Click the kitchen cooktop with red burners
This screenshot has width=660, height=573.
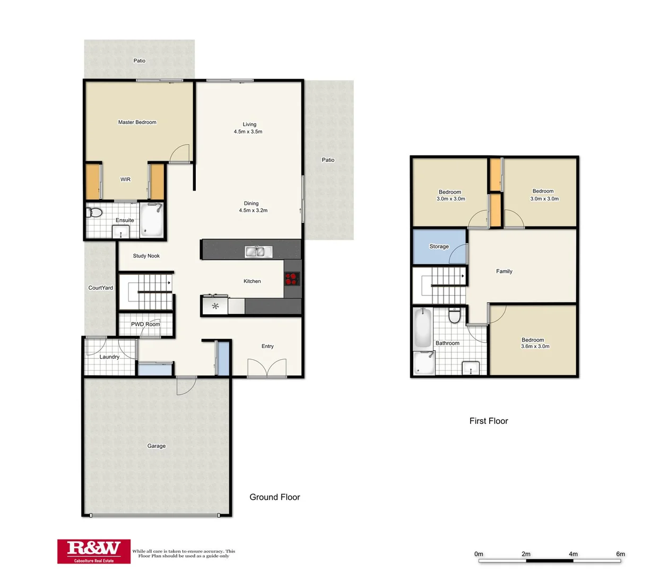pyautogui.click(x=292, y=279)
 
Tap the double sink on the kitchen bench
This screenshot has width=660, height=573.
pyautogui.click(x=258, y=251)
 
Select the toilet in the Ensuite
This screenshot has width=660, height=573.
pyautogui.click(x=95, y=213)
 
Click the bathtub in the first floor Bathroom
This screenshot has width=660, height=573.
pyautogui.click(x=422, y=328)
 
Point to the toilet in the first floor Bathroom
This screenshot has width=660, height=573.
pyautogui.click(x=455, y=316)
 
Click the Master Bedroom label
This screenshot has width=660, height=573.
pyautogui.click(x=137, y=122)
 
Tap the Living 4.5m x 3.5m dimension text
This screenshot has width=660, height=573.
pyautogui.click(x=248, y=132)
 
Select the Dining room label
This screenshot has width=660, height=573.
pyautogui.click(x=251, y=203)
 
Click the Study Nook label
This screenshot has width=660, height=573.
pyautogui.click(x=146, y=256)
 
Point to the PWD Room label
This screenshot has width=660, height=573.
pyautogui.click(x=145, y=324)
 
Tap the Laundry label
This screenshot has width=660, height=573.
pyautogui.click(x=109, y=357)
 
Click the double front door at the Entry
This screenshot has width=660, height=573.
pyautogui.click(x=267, y=368)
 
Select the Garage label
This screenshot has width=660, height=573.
pyautogui.click(x=157, y=446)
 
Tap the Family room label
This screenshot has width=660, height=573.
pyautogui.click(x=504, y=271)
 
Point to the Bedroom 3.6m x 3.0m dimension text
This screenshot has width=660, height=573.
pyautogui.click(x=535, y=346)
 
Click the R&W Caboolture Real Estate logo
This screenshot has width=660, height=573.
pyautogui.click(x=94, y=551)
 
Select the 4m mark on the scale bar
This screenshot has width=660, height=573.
pyautogui.click(x=573, y=554)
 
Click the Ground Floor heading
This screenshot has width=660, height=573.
pyautogui.click(x=275, y=497)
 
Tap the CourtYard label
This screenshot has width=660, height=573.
pyautogui.click(x=100, y=288)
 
